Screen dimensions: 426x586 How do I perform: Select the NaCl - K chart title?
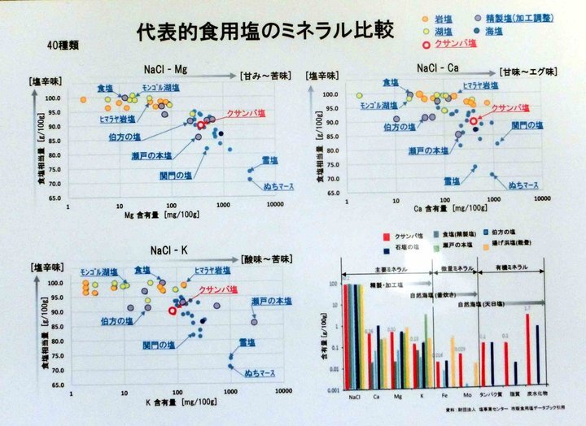pyautogui.click(x=168, y=250)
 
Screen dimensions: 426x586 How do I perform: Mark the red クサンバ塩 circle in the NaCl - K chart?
pyautogui.click(x=173, y=310)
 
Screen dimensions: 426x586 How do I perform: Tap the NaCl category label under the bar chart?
pyautogui.click(x=355, y=397)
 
